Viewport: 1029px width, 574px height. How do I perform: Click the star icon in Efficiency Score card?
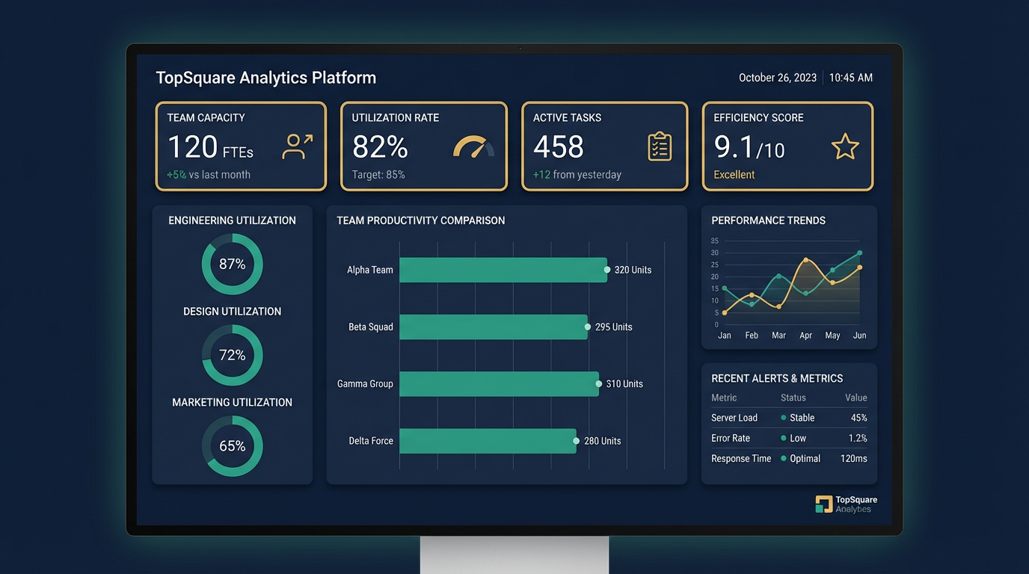click(845, 146)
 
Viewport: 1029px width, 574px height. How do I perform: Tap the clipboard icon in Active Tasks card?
click(660, 146)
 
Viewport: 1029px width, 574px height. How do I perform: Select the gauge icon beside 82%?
click(473, 146)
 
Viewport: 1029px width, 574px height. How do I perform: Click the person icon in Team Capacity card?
click(296, 146)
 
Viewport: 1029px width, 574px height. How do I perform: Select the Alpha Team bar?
click(503, 270)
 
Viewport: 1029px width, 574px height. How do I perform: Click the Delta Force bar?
click(487, 441)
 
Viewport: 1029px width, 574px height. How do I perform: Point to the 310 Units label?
click(624, 384)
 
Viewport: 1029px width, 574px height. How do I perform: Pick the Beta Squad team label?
click(370, 327)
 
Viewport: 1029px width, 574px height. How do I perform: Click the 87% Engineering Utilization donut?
click(233, 264)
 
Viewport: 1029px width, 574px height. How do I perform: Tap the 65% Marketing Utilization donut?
click(233, 446)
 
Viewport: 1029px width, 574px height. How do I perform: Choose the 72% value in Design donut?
click(233, 355)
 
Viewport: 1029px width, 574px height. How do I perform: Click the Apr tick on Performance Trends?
click(805, 336)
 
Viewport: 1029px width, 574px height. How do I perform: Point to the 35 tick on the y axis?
click(714, 241)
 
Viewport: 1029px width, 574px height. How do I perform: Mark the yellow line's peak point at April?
click(805, 260)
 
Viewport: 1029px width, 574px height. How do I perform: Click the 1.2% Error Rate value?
click(858, 439)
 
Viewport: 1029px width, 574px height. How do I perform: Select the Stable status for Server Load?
click(801, 418)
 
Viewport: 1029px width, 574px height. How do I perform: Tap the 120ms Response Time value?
click(853, 459)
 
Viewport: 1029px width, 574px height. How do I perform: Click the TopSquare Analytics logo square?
click(823, 504)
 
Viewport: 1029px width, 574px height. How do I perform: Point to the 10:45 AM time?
click(850, 78)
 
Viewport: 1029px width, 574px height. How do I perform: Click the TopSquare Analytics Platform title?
click(265, 78)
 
